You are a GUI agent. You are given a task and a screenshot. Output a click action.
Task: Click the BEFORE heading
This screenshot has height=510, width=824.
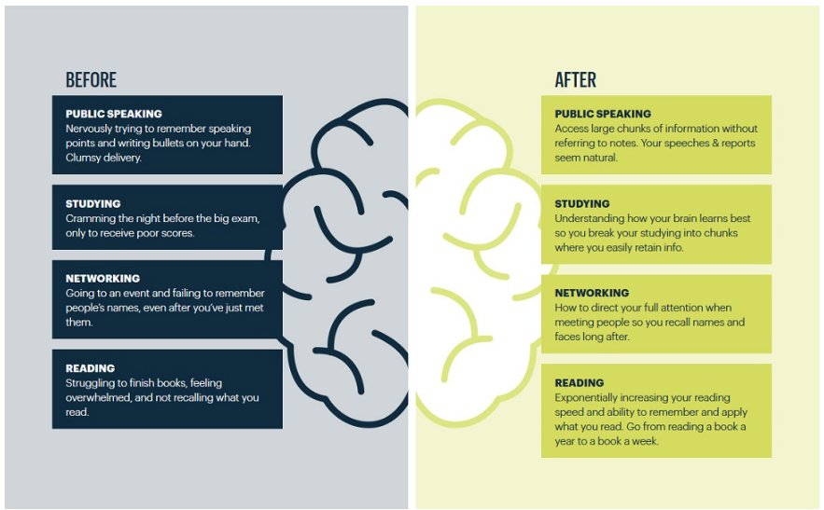[x=91, y=80]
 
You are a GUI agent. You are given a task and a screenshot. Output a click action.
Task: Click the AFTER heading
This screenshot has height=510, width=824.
[x=575, y=80]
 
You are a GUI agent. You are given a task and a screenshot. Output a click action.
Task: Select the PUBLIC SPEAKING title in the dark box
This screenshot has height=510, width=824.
[x=114, y=114]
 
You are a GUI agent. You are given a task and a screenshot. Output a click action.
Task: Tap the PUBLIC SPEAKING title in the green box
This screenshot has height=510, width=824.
[x=603, y=114]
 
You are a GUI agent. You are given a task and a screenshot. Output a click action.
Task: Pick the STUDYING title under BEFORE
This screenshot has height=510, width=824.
[x=92, y=203]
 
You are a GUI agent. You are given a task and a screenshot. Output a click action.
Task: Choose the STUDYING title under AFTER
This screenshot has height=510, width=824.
[x=582, y=203]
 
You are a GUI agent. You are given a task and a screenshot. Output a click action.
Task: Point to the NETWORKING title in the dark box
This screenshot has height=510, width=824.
[x=103, y=278]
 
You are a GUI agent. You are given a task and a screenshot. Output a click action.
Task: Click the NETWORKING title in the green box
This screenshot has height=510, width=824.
[x=592, y=293]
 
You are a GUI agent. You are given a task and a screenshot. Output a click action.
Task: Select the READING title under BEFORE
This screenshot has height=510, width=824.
[x=90, y=368]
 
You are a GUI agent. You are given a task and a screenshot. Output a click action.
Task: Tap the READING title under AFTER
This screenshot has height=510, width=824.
[x=580, y=382]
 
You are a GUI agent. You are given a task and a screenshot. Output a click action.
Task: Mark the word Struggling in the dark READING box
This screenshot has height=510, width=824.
[x=92, y=383]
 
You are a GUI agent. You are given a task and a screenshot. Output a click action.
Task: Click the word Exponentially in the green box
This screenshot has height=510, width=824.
[x=590, y=397]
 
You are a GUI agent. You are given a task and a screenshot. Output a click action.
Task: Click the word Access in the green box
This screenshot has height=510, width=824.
[x=572, y=129]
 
